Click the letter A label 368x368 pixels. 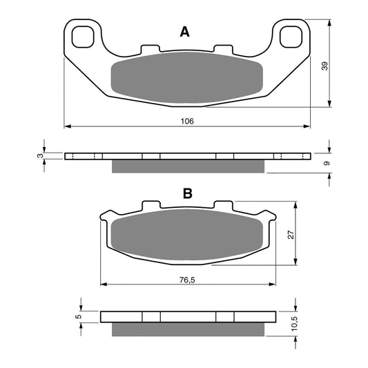pos(185,32)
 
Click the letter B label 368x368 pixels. pos(188,193)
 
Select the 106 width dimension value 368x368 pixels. pos(187,121)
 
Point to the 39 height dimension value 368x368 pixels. pos(325,66)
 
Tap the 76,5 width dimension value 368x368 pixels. pos(187,280)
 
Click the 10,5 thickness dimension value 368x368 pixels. pos(294,323)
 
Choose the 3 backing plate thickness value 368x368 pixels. pos(40,155)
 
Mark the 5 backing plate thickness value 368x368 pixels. pos(79,316)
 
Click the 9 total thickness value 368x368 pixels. pos(327,163)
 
